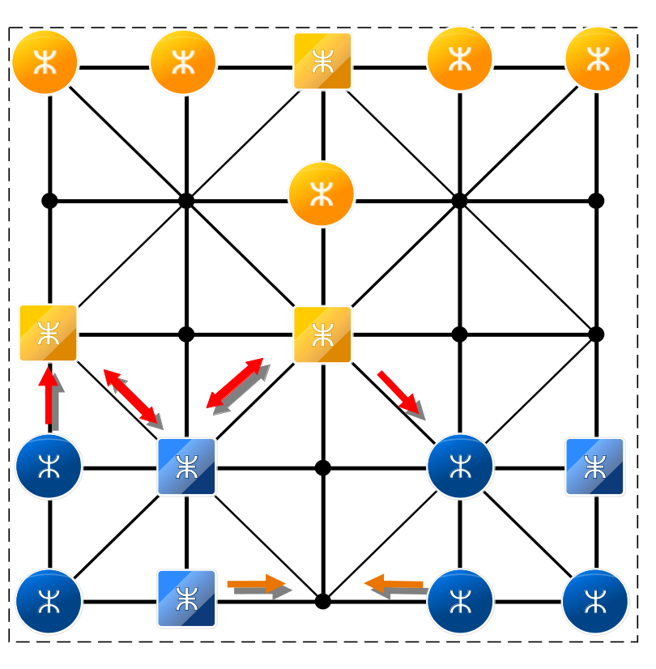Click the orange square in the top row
322,62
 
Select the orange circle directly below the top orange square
322,194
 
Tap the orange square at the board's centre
322,334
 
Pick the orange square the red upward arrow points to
49,334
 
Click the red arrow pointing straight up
50,396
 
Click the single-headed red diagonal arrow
400,394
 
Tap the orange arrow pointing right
258,585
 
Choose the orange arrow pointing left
394,585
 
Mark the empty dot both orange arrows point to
322,602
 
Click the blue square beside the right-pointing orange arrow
186,599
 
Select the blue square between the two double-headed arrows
186,467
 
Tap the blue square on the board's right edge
595,467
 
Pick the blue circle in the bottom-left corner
49,601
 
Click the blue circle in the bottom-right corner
595,601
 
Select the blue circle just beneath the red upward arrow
49,467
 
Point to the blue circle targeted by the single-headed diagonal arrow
460,467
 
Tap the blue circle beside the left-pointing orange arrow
460,601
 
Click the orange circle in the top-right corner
597,60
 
